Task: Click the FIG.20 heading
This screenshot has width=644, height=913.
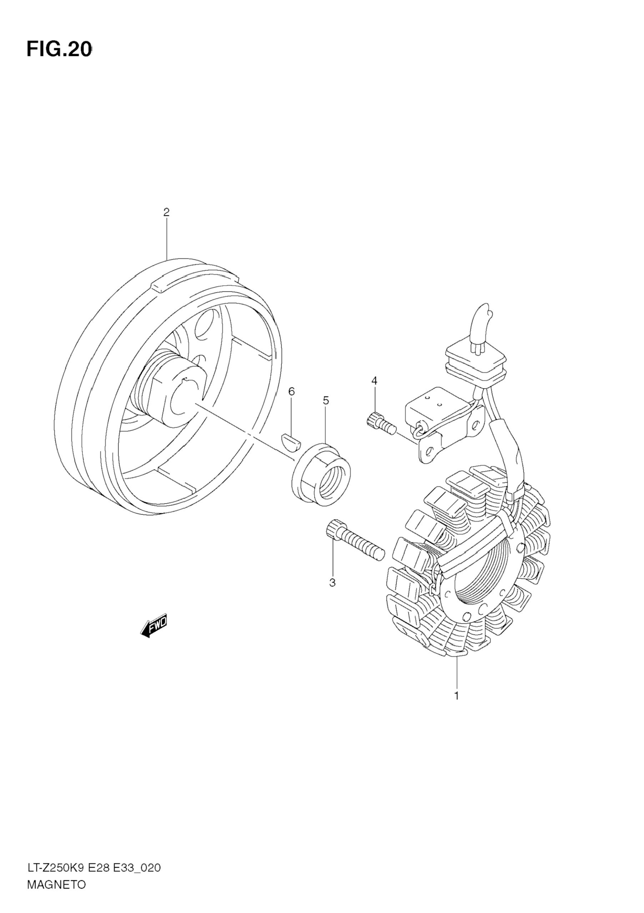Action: [59, 50]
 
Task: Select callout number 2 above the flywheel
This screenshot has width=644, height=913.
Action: [166, 212]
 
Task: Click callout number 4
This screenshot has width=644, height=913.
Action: [374, 381]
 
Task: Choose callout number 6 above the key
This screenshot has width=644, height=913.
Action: [291, 392]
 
